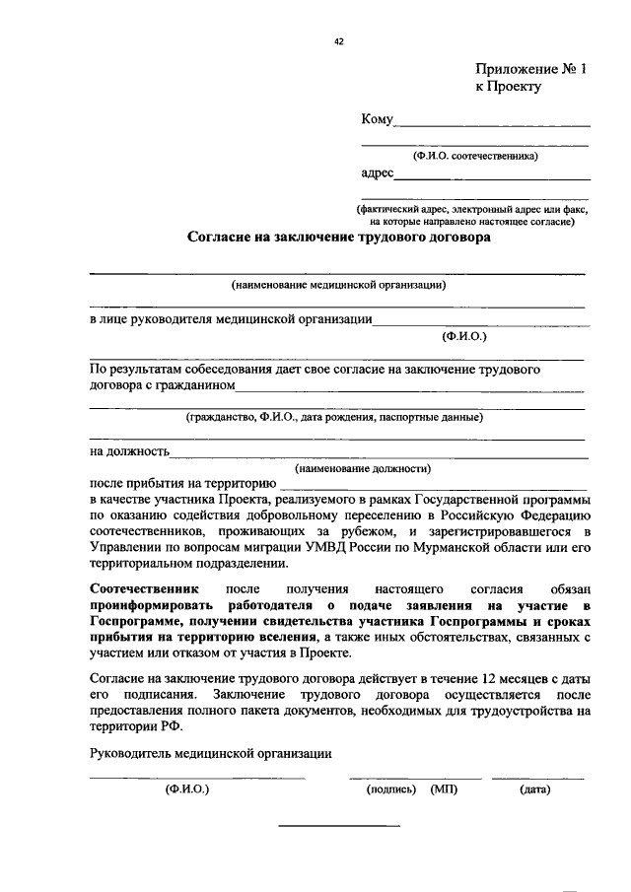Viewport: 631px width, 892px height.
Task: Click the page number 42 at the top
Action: pos(339,41)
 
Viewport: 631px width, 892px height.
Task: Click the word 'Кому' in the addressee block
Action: pos(378,120)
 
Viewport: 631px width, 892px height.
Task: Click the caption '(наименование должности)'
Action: pos(366,468)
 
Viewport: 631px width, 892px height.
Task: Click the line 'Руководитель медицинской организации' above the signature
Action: pos(210,754)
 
